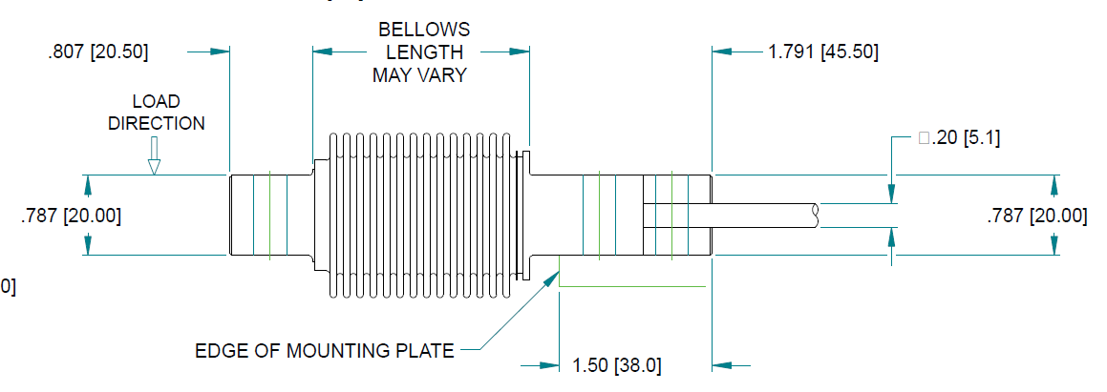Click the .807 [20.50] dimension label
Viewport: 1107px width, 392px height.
(97, 52)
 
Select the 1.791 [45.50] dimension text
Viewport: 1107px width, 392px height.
(822, 52)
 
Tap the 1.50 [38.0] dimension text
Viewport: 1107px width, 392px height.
(616, 364)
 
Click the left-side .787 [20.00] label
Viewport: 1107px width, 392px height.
(70, 216)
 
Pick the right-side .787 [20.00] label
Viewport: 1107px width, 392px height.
(1036, 216)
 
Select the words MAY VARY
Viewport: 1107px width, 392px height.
(420, 75)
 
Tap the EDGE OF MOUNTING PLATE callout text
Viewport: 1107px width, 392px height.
(325, 350)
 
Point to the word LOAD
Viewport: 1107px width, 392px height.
(156, 101)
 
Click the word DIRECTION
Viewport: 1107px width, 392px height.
(156, 123)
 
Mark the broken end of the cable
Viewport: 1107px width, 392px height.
(816, 215)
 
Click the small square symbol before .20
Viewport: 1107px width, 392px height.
(924, 138)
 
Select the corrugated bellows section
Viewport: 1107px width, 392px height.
(420, 216)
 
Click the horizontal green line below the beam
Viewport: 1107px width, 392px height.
(631, 285)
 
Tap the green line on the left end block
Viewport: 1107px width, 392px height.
(269, 216)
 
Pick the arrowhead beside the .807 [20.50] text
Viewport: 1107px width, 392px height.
(219, 52)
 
